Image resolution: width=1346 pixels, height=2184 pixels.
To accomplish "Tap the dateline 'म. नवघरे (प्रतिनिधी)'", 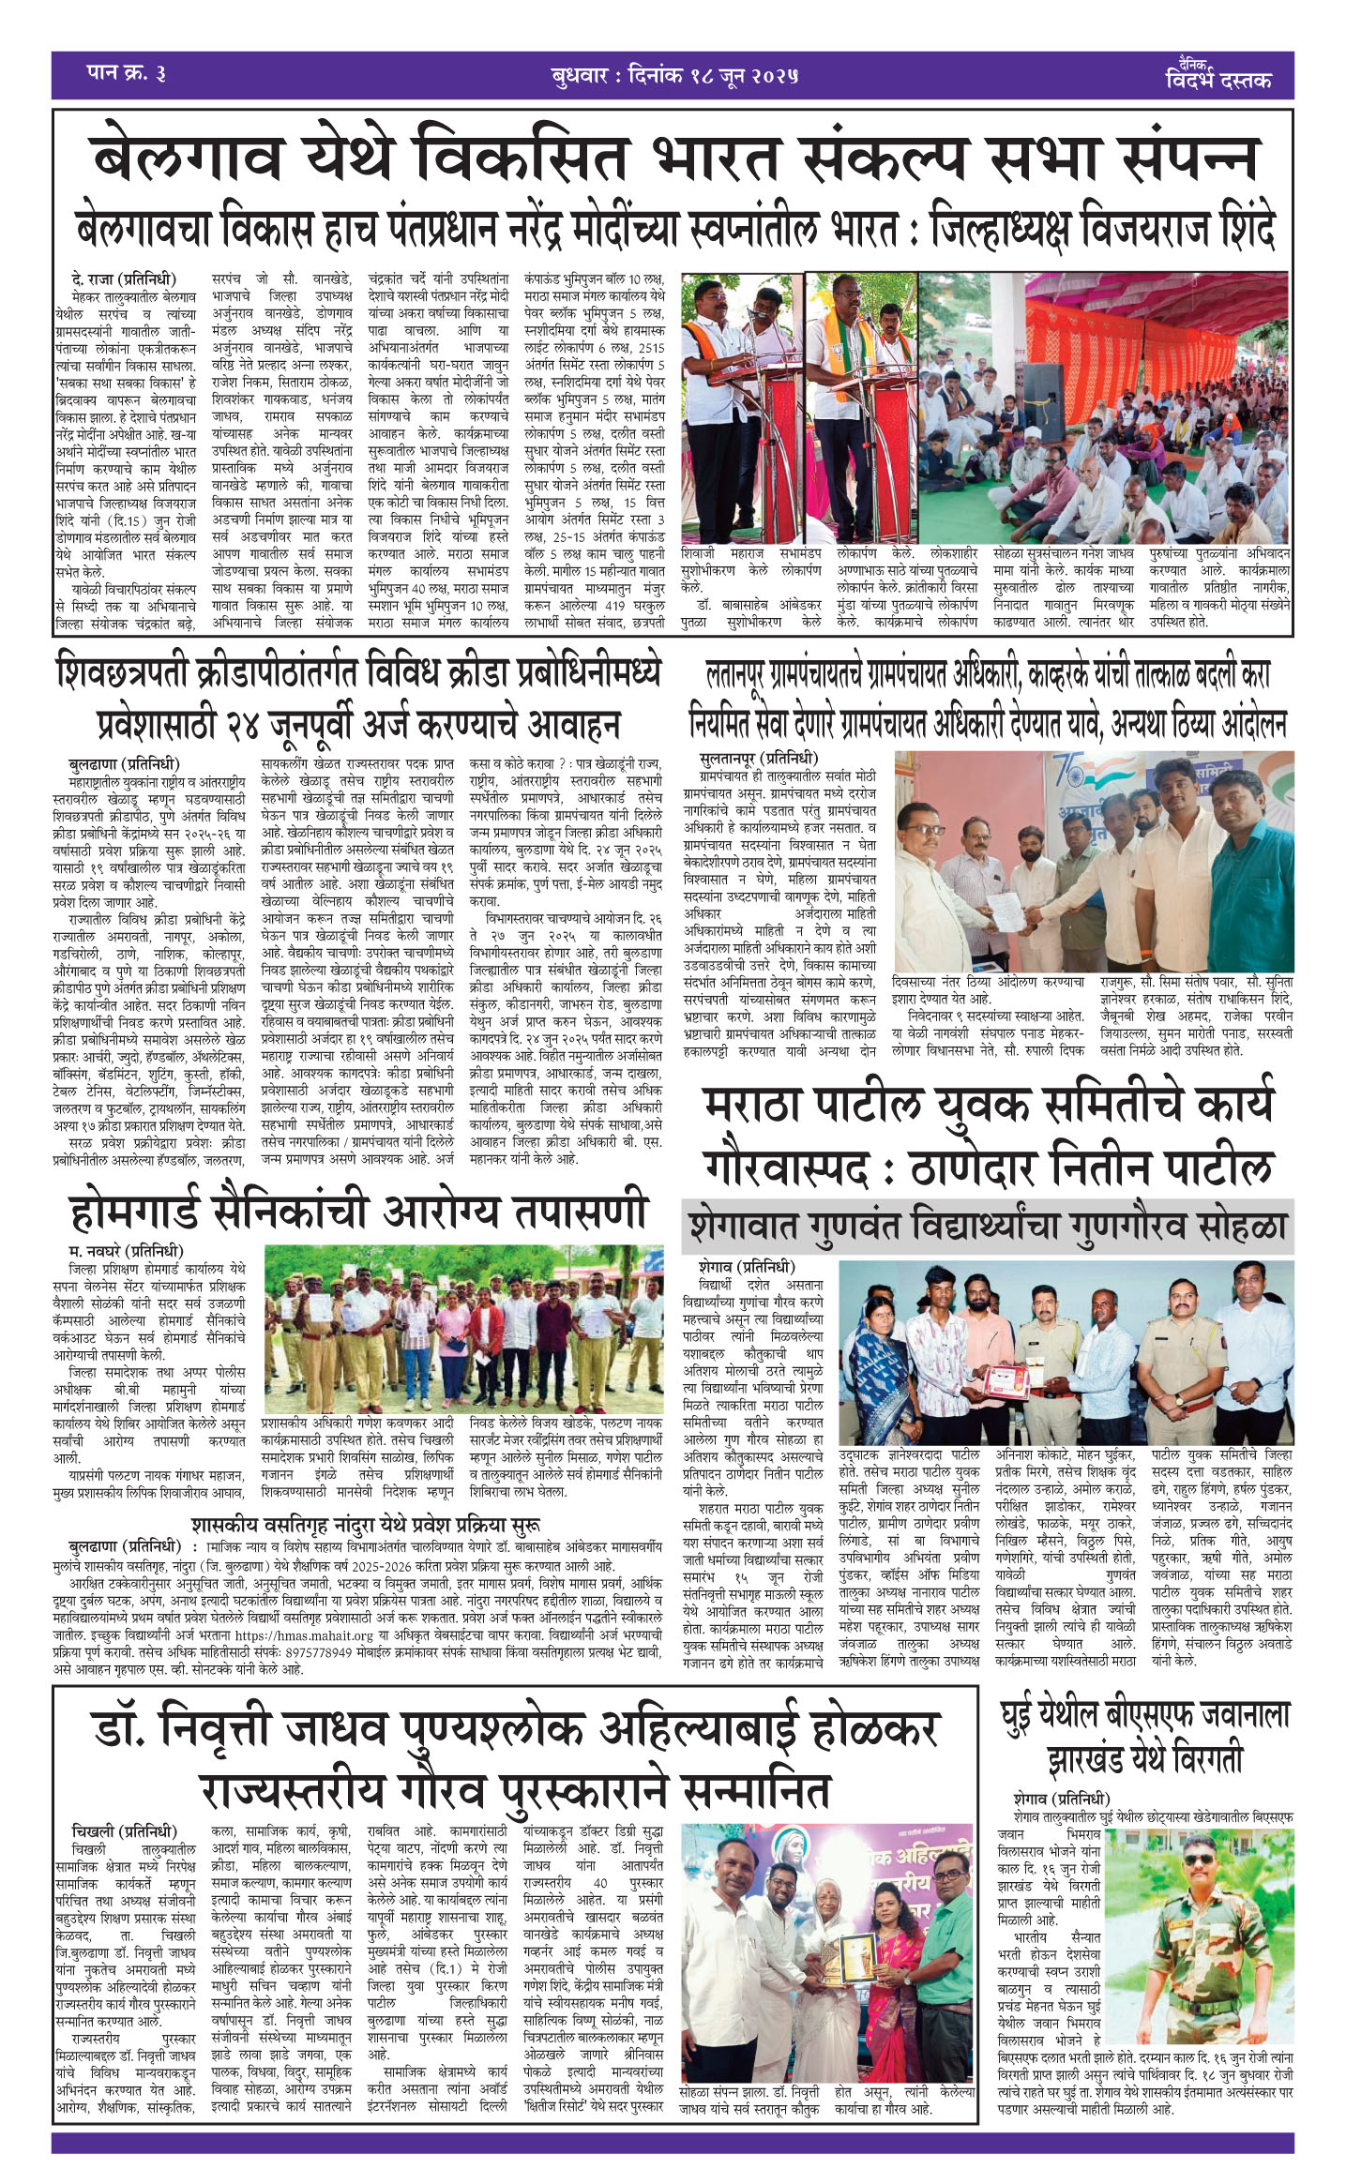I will click(x=126, y=1251).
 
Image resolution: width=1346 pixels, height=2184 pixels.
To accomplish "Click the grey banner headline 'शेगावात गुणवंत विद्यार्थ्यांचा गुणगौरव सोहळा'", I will click(x=988, y=1228).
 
